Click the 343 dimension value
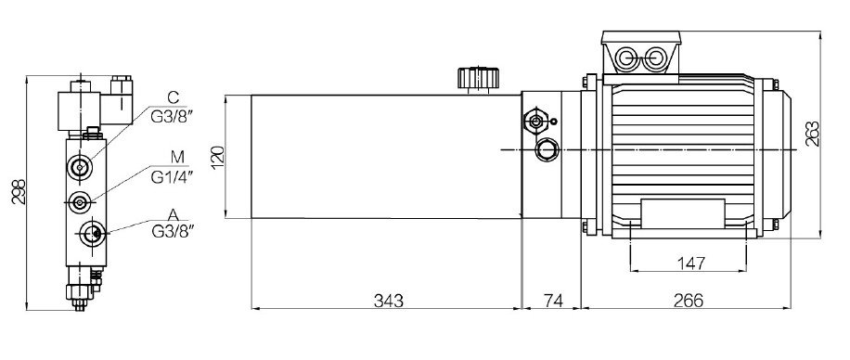pos(389,300)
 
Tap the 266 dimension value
pos(689,300)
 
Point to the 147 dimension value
pos(692,264)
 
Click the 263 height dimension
pos(813,134)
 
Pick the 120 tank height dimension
pos(217,157)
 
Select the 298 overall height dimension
pos(19,191)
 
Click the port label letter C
pos(173,97)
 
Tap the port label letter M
pos(178,157)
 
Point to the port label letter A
pos(174,216)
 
